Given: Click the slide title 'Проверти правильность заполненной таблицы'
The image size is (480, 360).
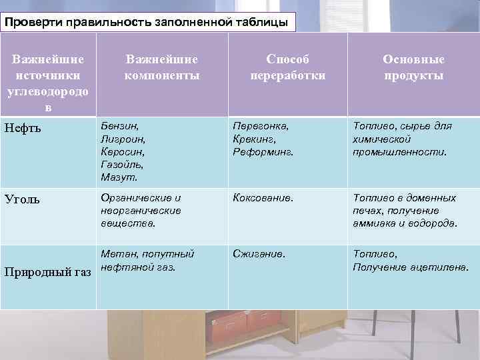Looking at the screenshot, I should coord(147,23).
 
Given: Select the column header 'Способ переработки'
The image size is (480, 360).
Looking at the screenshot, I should coord(288,67).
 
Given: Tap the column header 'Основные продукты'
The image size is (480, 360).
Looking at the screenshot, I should coord(413,67).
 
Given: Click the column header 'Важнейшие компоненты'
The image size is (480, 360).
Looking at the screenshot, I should coord(162,67).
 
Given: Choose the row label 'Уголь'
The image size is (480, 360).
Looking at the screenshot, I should coord(21,199).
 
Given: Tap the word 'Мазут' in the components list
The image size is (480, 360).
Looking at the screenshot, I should coord(119,178).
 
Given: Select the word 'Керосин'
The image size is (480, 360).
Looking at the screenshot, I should coord(121,151).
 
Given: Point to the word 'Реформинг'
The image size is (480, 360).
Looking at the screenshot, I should coord(263,152).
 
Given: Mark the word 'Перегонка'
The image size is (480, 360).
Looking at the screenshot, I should coord(261,125).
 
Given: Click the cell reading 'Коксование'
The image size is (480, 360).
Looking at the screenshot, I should coord(263,198).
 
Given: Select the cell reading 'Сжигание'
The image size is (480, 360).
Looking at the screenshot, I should coord(259,254).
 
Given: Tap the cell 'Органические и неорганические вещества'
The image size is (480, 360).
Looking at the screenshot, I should coord(140,211).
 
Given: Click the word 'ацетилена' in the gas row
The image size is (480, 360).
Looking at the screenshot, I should coord(441,267).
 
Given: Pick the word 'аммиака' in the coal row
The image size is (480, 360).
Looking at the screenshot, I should coord(374,224).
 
